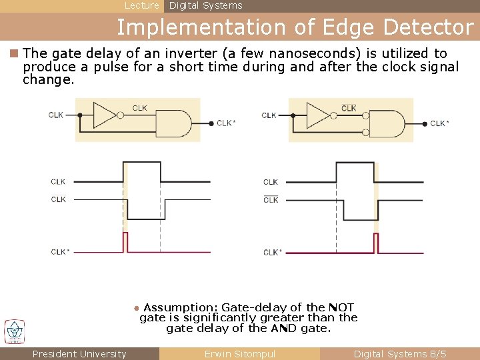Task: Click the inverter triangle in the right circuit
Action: [x=318, y=115]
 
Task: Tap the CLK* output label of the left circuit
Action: [x=226, y=123]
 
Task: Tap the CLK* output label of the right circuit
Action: [x=439, y=123]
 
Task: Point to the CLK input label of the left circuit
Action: [x=56, y=115]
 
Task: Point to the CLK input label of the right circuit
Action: [x=269, y=115]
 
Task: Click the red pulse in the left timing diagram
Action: [x=125, y=242]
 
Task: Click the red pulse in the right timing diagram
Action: [x=375, y=243]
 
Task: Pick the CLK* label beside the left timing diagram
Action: [x=59, y=252]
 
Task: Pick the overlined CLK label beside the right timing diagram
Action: [x=271, y=199]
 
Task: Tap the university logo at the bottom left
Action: [x=14, y=331]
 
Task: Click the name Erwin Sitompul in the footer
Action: [x=239, y=354]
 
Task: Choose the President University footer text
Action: [x=79, y=354]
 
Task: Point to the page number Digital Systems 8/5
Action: [x=400, y=354]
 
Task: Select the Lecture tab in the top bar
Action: [x=142, y=5]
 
